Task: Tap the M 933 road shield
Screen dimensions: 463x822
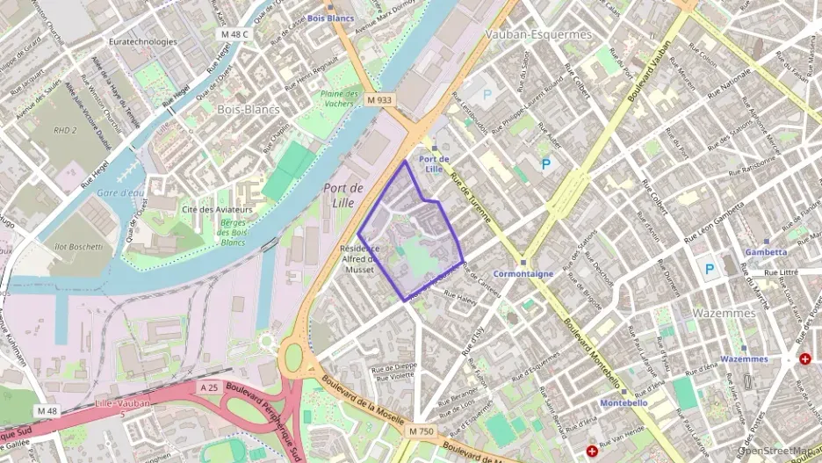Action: [x=379, y=100]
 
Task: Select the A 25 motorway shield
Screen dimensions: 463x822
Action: [x=208, y=387]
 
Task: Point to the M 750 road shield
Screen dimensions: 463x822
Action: [x=422, y=430]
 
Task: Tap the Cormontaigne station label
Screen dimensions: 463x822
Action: [x=523, y=273]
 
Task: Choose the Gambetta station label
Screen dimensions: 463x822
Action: [x=766, y=251]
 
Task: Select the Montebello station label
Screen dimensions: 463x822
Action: [x=624, y=402]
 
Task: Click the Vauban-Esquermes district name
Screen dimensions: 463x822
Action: [x=538, y=34]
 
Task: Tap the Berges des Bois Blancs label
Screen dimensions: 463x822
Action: [x=233, y=231]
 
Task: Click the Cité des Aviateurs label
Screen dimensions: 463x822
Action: [x=217, y=210]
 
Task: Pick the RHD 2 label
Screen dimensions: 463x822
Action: [x=66, y=130]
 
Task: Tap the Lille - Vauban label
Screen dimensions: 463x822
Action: [x=121, y=403]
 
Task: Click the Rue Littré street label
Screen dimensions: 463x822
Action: [x=780, y=272]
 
